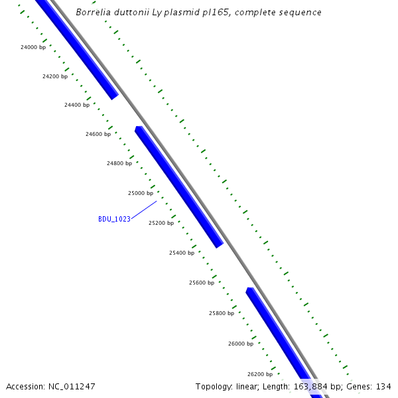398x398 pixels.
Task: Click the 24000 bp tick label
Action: point(33,47)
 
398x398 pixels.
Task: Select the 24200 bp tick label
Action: point(55,76)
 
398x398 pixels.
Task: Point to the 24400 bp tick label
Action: point(77,105)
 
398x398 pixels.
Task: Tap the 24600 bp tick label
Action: point(98,134)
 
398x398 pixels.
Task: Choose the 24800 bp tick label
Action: point(119,163)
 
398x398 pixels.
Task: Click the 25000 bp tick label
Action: point(141,193)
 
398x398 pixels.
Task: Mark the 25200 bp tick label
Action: point(161,223)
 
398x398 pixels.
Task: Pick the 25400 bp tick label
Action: point(182,253)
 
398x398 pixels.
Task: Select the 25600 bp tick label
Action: point(202,283)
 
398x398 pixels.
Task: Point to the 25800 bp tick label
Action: point(222,313)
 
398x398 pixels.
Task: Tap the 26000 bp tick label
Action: point(241,344)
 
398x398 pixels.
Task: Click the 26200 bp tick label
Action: point(260,374)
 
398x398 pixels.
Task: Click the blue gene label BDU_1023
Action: point(114,219)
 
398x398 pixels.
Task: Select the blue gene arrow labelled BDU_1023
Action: point(179,187)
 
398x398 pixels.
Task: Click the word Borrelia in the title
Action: point(92,13)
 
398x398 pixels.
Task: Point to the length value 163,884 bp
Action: point(316,386)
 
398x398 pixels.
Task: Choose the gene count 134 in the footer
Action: point(383,386)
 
